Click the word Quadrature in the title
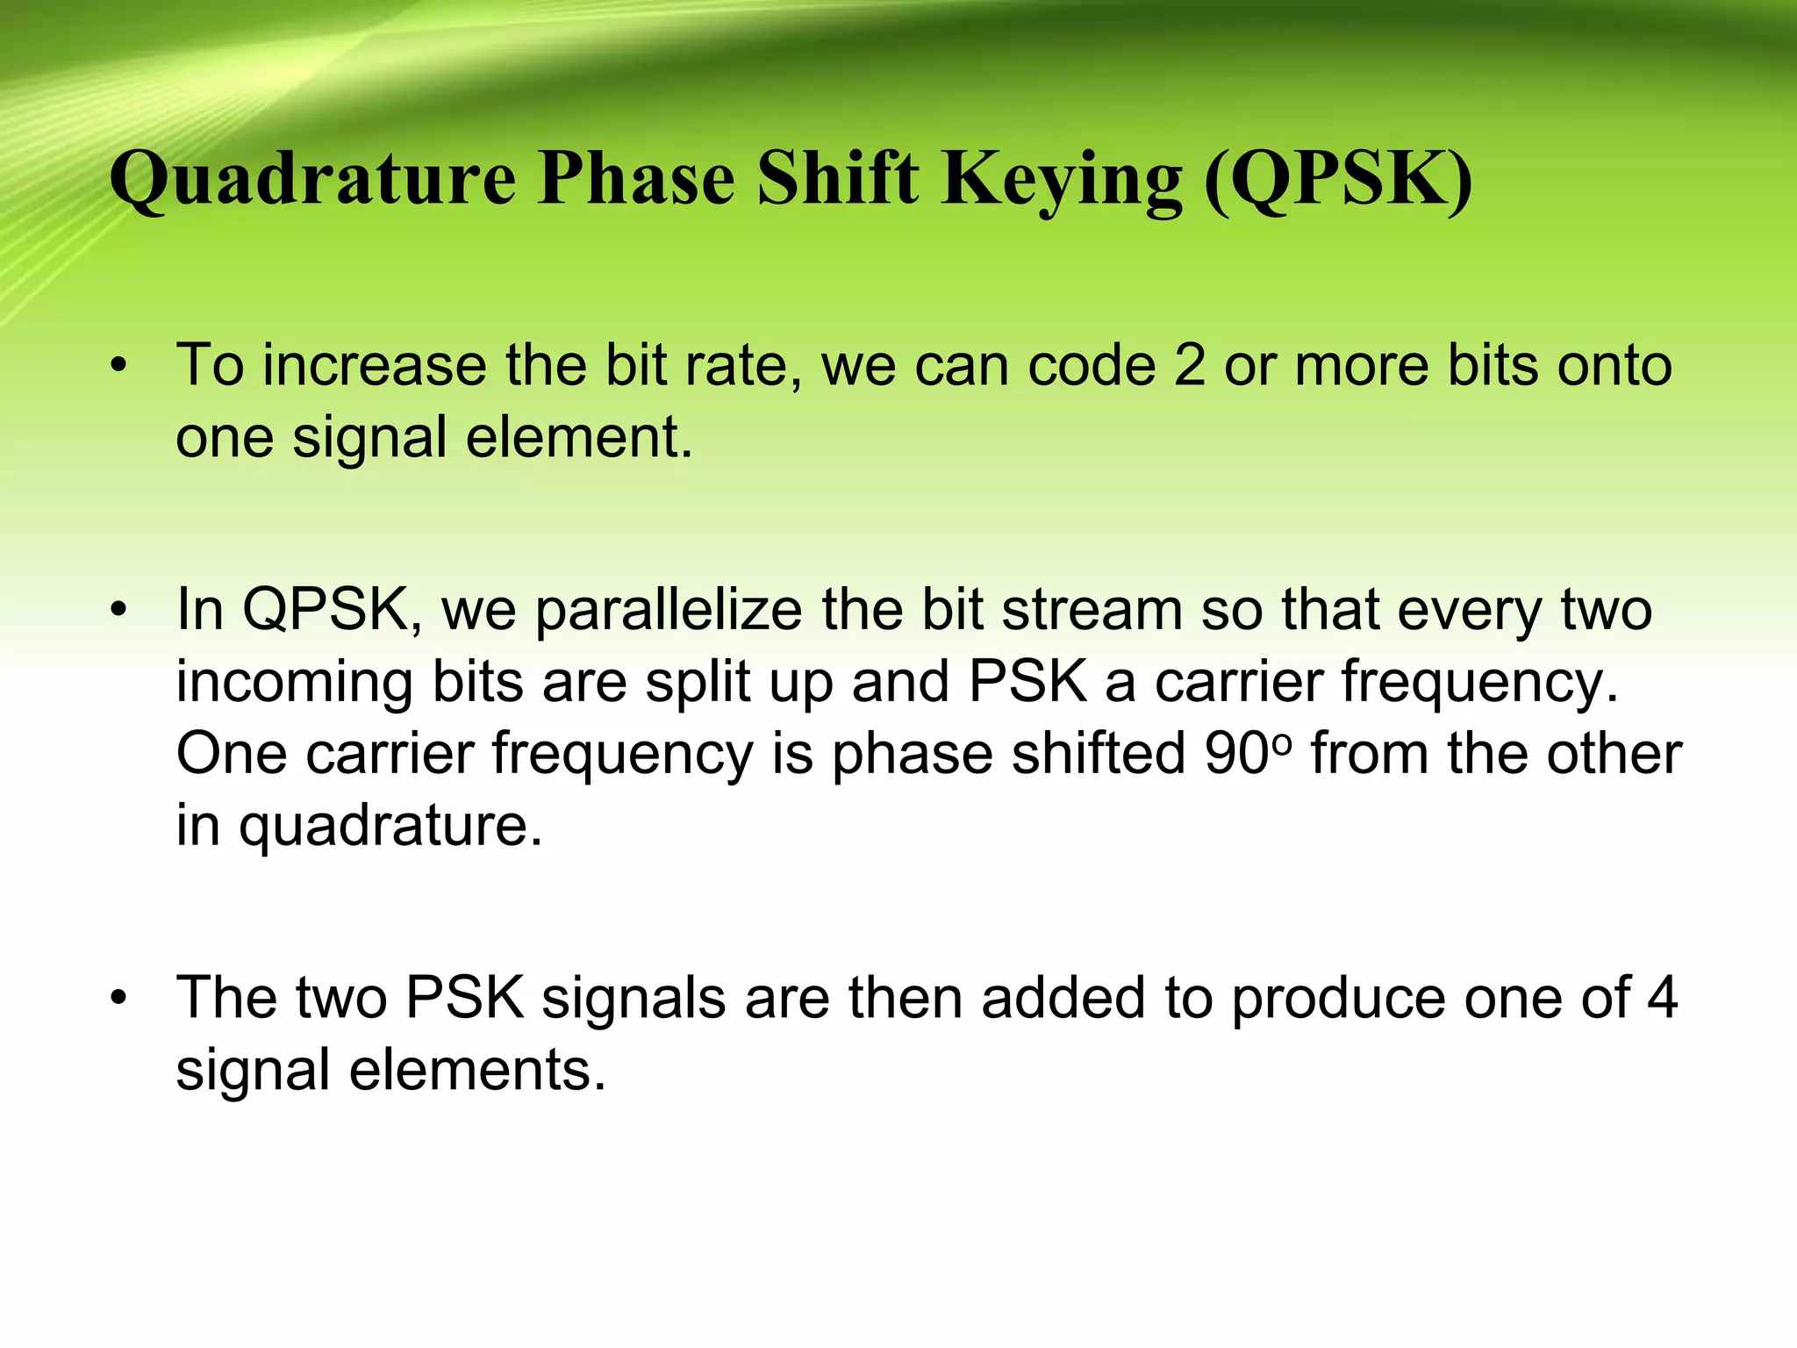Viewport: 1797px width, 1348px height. coord(313,180)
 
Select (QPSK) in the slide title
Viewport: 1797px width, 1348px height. coord(1338,180)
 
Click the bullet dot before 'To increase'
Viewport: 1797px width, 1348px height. coord(119,365)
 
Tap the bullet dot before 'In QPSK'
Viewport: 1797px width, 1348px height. coord(119,609)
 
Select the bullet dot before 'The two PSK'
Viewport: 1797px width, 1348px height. coord(119,998)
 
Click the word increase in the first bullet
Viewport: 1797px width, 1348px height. coord(375,365)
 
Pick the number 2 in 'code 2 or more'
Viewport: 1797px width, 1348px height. coord(1189,365)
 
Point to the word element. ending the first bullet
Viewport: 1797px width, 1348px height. coord(579,437)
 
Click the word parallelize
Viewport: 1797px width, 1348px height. coord(669,609)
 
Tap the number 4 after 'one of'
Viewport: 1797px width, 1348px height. coord(1661,998)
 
